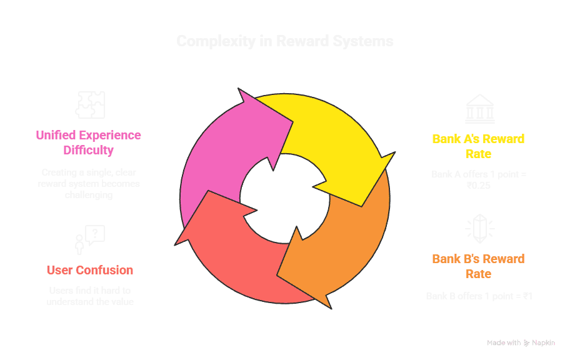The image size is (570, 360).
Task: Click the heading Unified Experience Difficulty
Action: [88, 142]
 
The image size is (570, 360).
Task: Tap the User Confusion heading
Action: [90, 270]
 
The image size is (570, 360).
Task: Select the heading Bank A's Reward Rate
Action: [478, 146]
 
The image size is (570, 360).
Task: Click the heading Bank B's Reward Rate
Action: [478, 266]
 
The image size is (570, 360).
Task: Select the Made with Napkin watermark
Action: [520, 342]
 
